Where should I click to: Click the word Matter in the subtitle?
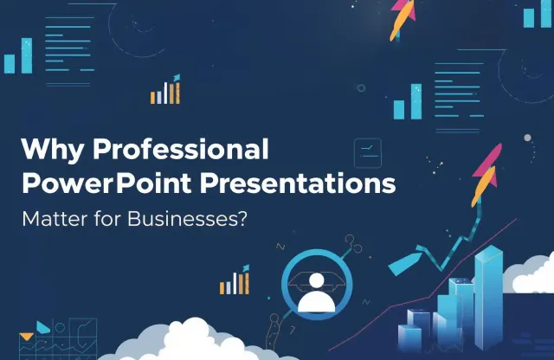[51, 218]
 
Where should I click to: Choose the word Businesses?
[179, 218]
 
